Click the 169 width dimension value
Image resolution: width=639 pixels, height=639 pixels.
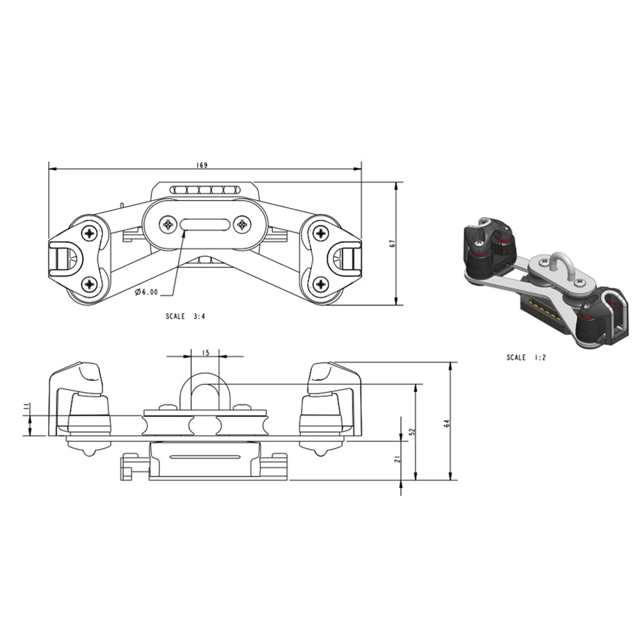click(202, 165)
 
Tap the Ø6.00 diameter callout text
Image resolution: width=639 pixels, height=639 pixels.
click(146, 292)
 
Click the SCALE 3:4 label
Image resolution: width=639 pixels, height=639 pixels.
click(185, 316)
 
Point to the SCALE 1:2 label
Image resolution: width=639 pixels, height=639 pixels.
click(526, 357)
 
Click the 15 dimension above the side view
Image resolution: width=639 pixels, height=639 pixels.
click(205, 352)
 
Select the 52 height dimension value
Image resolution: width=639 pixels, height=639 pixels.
click(412, 431)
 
